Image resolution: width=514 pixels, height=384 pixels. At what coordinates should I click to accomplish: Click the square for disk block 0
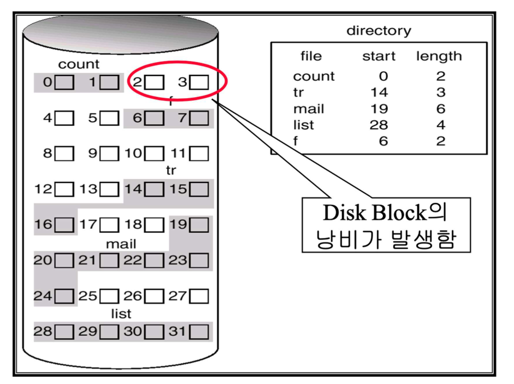64,82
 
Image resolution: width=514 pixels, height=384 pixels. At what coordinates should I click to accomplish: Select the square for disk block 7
199,118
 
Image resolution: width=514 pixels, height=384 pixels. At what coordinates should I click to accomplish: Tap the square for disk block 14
154,189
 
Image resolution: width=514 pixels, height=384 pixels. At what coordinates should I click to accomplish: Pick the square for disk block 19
199,225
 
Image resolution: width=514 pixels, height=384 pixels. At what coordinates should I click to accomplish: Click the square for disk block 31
199,332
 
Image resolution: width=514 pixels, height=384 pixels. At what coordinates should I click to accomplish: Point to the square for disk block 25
109,296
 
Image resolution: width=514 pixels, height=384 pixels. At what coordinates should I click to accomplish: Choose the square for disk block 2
154,82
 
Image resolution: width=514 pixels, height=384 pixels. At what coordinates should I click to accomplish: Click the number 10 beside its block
133,154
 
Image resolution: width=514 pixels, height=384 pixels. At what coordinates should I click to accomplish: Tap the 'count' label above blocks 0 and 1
79,64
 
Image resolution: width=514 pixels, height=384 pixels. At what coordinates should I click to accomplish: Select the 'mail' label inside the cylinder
121,244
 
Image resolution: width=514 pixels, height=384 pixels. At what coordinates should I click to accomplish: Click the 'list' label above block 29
121,314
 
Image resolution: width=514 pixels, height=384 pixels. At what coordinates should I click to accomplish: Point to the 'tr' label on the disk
171,170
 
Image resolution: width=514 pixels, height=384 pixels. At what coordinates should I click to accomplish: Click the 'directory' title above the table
379,31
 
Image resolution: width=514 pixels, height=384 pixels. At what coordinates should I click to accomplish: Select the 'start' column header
379,56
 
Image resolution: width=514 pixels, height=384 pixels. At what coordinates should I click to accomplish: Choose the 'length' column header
439,56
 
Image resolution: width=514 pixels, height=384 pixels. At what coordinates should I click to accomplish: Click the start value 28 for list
379,125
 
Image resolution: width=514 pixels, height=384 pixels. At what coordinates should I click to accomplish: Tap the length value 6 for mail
441,109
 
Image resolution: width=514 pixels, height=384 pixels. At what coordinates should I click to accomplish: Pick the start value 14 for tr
379,92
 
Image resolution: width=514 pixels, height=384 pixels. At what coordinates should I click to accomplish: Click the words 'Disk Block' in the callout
374,213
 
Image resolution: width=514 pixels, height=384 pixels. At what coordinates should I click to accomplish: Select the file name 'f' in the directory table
295,141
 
